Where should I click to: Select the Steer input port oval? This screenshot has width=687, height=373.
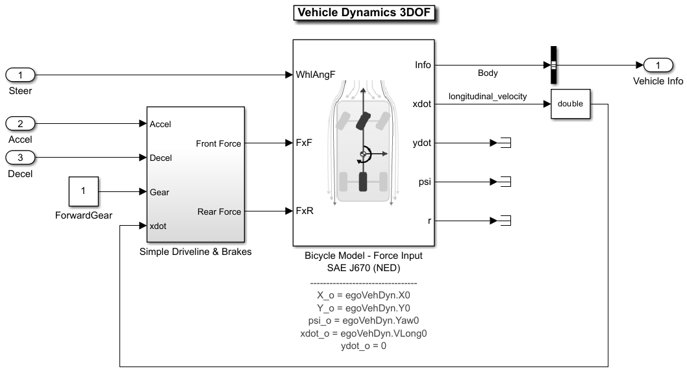pyautogui.click(x=20, y=75)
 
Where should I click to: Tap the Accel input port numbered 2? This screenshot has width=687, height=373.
pyautogui.click(x=20, y=123)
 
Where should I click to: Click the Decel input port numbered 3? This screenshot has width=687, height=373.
pyautogui.click(x=20, y=157)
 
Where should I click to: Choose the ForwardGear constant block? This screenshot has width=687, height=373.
pyautogui.click(x=83, y=191)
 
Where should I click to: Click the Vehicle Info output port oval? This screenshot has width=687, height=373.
pyautogui.click(x=658, y=65)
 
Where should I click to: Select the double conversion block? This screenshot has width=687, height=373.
pyautogui.click(x=570, y=104)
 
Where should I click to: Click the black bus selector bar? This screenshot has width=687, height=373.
pyautogui.click(x=554, y=65)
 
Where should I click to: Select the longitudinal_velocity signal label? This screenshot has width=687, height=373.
pyautogui.click(x=488, y=97)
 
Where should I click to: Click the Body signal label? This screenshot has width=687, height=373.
pyautogui.click(x=488, y=73)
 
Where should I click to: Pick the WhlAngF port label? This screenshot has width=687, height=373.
pyautogui.click(x=316, y=75)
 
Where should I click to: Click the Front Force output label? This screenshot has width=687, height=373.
pyautogui.click(x=218, y=143)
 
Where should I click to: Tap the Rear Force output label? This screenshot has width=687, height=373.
pyautogui.click(x=219, y=211)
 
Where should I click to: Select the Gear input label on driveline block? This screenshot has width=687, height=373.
pyautogui.click(x=159, y=192)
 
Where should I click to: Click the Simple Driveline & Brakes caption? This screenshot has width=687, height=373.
pyautogui.click(x=195, y=252)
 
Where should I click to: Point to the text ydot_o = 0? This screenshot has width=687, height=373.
pyautogui.click(x=363, y=346)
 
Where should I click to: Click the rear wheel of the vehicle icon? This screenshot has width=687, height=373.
pyautogui.click(x=363, y=182)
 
